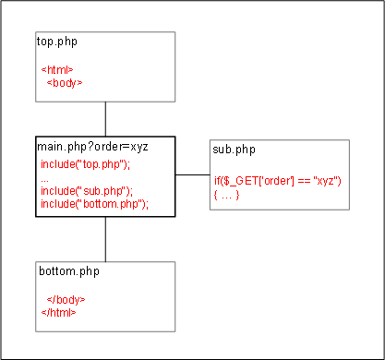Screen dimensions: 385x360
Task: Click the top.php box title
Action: tap(57, 42)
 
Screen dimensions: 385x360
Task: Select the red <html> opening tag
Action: tap(57, 70)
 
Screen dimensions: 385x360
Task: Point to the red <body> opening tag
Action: tap(65, 83)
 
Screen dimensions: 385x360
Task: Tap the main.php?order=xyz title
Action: tap(92, 147)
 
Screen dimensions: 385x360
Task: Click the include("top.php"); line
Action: tap(86, 164)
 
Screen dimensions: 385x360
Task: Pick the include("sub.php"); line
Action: tap(87, 191)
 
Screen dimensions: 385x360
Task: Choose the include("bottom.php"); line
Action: tap(94, 204)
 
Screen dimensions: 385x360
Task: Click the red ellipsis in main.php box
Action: tap(44, 181)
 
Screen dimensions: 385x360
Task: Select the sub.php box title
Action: tap(234, 150)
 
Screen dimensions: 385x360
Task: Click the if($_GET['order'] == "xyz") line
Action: tap(278, 181)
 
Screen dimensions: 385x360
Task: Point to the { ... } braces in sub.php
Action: tap(226, 195)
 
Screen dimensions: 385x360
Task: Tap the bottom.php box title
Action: tap(69, 271)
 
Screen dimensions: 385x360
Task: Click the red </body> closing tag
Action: tap(66, 300)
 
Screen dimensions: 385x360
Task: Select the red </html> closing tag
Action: tap(58, 313)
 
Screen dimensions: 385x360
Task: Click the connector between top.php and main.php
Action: tap(105, 119)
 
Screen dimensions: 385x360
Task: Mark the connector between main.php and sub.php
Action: tap(193, 174)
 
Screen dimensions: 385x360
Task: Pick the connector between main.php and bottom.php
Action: tap(105, 239)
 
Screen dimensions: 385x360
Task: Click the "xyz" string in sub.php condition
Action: tap(325, 180)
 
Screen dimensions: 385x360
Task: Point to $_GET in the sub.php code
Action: tap(241, 181)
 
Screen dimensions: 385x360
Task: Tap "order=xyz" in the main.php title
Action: tap(121, 147)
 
